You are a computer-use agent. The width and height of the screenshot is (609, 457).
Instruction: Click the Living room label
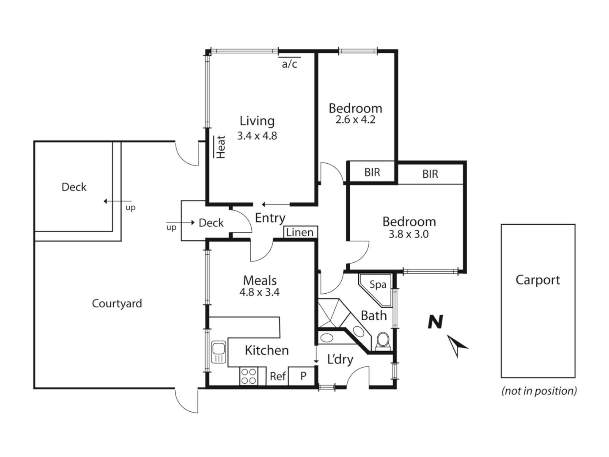click(x=257, y=121)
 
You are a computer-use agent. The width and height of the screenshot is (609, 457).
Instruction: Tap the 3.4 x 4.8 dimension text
click(x=257, y=136)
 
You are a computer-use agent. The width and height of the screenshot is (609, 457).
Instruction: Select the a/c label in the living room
click(x=290, y=64)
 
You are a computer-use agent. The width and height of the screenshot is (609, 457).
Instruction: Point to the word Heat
click(x=221, y=147)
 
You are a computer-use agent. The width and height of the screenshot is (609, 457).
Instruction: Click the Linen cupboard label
click(x=300, y=232)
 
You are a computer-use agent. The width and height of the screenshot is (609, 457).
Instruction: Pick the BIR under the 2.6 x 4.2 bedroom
click(x=372, y=172)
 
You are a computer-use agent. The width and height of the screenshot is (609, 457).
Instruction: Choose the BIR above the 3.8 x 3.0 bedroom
click(x=430, y=174)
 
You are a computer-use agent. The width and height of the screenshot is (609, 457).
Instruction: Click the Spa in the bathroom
click(x=378, y=285)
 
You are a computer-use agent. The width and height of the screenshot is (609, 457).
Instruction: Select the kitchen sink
click(x=219, y=352)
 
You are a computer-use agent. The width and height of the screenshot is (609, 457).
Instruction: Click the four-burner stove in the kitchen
click(x=248, y=376)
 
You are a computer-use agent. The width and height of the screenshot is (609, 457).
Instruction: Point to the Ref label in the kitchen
click(x=278, y=376)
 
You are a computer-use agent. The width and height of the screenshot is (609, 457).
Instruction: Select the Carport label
click(x=538, y=280)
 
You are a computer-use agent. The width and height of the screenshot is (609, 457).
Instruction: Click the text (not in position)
click(x=539, y=391)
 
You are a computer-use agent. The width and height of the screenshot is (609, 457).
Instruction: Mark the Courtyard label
click(x=117, y=303)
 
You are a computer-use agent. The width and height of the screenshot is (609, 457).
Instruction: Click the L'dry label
click(x=340, y=359)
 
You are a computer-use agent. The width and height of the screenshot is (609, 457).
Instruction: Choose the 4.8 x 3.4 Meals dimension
click(x=259, y=292)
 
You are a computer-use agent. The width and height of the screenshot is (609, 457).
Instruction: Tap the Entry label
click(x=270, y=218)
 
